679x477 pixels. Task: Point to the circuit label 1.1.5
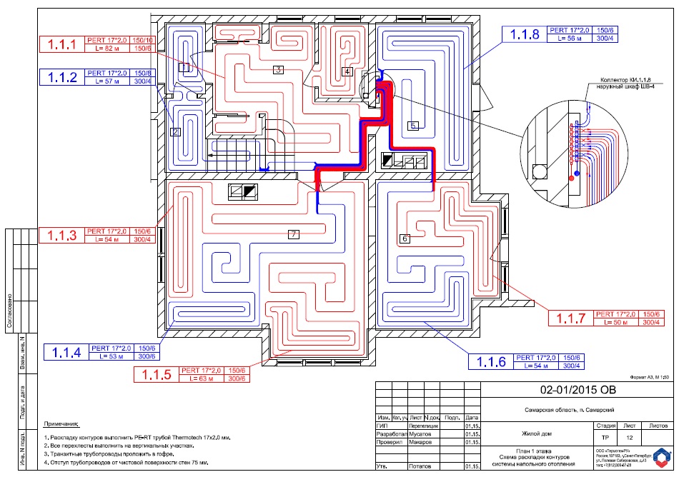pos(157,375)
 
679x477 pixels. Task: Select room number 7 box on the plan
pos(293,234)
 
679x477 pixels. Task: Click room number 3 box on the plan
pos(278,69)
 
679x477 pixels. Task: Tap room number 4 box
pos(347,71)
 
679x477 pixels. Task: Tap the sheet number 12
pos(629,437)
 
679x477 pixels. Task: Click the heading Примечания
pos(61,423)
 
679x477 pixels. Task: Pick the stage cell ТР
pos(605,437)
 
